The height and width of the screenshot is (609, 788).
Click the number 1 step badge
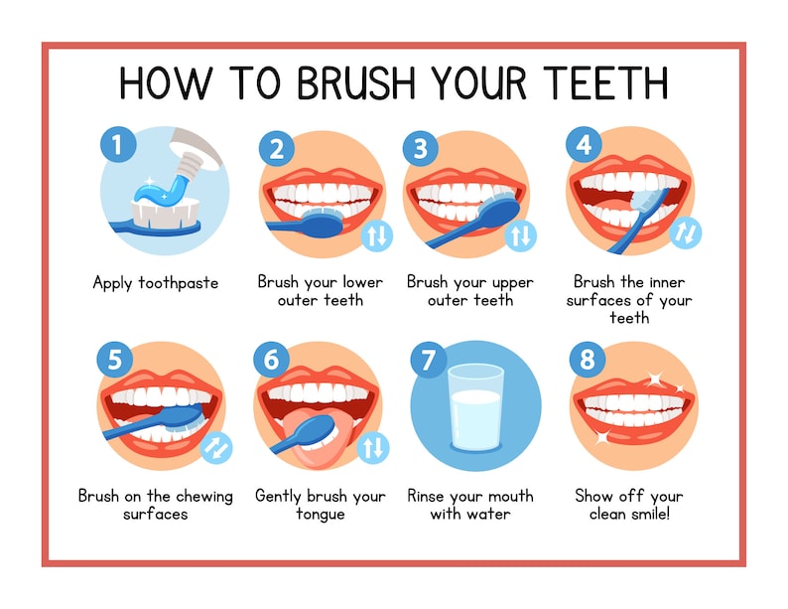[x=118, y=146]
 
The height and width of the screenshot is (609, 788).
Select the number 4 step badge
[x=584, y=145]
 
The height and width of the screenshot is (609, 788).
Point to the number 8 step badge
[x=588, y=359]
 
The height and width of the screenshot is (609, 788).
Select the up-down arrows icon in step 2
[x=377, y=235]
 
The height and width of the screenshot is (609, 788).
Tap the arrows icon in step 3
[x=520, y=235]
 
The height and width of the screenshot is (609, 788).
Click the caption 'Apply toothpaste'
[x=156, y=283]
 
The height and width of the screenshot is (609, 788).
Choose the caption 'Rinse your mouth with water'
[x=469, y=505]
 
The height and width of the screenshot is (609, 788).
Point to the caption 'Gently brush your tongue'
[x=320, y=505]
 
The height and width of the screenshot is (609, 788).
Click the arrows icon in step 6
[x=371, y=448]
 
